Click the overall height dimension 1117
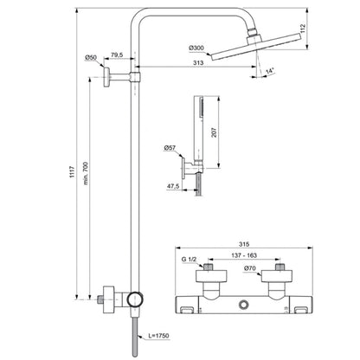72,172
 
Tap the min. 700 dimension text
86,173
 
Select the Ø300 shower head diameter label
196,48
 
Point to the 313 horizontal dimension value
198,62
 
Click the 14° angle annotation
270,71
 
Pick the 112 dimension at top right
303,29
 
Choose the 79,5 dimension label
117,55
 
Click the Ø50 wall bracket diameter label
91,58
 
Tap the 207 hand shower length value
214,132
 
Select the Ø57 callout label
170,148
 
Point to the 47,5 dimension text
173,186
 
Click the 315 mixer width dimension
244,244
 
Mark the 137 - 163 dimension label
244,255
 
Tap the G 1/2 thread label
189,260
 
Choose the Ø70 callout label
250,268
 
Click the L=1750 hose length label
158,336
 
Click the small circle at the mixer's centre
244,304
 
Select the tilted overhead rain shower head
256,47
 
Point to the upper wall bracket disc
106,77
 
